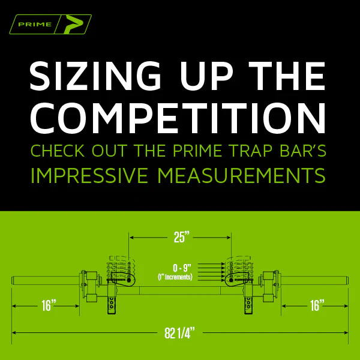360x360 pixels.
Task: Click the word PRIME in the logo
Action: pyautogui.click(x=35, y=25)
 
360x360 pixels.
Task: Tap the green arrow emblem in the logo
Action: pyautogui.click(x=74, y=24)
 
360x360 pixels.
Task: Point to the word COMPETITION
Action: pyautogui.click(x=178, y=118)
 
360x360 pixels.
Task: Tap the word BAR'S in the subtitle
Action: pyautogui.click(x=303, y=151)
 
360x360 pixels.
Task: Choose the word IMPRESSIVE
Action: pyautogui.click(x=89, y=176)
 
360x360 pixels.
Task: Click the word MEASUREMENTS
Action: pyautogui.click(x=242, y=176)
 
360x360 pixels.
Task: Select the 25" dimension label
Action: pyautogui.click(x=182, y=237)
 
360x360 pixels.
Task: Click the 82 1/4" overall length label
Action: pyautogui.click(x=180, y=333)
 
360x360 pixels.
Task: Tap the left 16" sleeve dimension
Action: pyautogui.click(x=49, y=305)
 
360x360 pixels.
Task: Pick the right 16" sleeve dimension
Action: pyautogui.click(x=317, y=305)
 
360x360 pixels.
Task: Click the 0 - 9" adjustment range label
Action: pyautogui.click(x=182, y=268)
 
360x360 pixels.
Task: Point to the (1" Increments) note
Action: pyautogui.click(x=175, y=277)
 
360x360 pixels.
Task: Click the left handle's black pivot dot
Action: pyautogui.click(x=128, y=280)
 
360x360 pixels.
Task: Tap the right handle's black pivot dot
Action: pyautogui.click(x=231, y=280)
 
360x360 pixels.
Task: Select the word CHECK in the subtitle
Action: pyautogui.click(x=58, y=151)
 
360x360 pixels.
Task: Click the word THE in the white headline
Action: pyautogui.click(x=287, y=76)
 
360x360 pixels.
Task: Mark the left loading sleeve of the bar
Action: pyautogui.click(x=46, y=281)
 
